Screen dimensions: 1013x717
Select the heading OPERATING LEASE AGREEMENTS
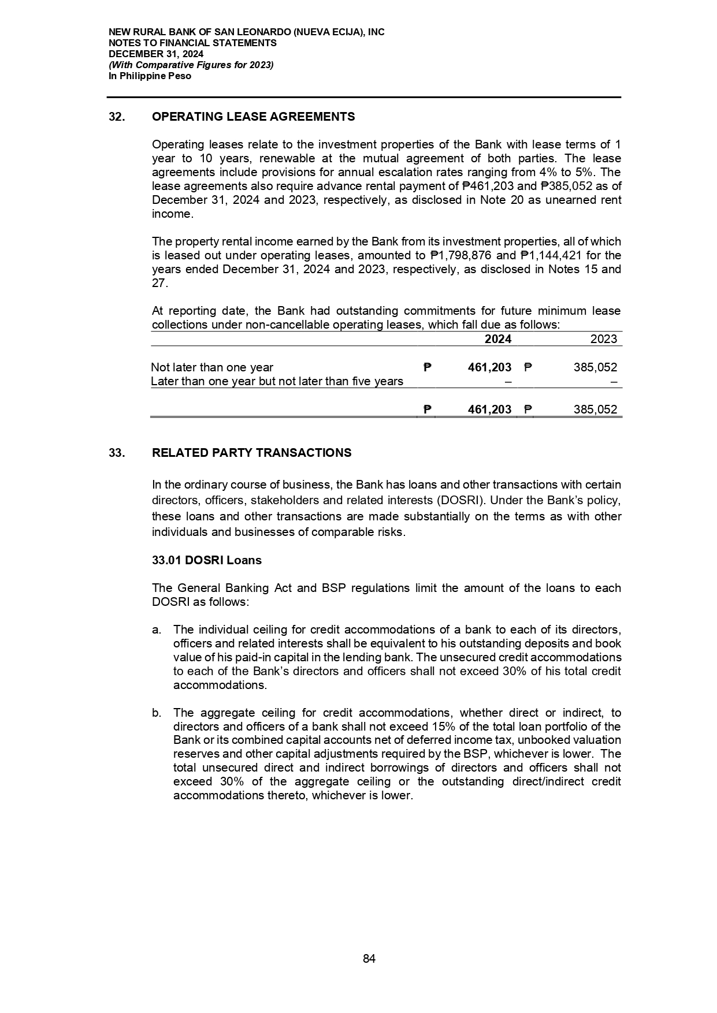(253, 117)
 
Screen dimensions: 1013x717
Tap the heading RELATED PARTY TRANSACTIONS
(251, 453)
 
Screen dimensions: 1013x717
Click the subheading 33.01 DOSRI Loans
(206, 560)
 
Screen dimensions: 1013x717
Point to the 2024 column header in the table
(497, 340)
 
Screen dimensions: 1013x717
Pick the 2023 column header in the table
(603, 340)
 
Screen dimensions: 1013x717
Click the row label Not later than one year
(212, 368)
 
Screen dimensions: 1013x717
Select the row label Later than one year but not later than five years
(277, 382)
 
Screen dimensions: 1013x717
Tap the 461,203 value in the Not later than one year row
(489, 368)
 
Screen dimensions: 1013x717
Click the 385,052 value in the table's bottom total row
(595, 410)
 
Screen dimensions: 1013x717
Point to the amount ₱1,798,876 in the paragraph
(461, 256)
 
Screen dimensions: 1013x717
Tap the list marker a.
(156, 630)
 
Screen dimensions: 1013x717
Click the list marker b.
(156, 713)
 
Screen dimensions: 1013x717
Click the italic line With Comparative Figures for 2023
(191, 65)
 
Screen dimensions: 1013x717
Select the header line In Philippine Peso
(150, 76)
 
